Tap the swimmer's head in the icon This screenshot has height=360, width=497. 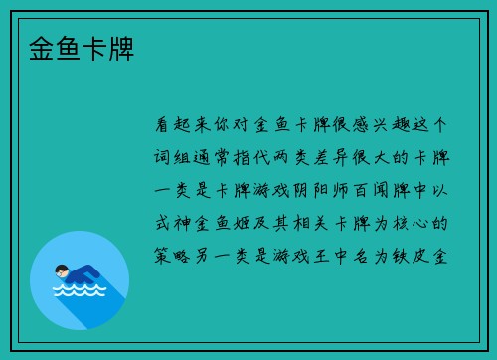(62, 270)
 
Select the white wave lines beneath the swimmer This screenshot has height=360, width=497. (79, 291)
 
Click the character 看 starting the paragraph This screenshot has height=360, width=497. (164, 126)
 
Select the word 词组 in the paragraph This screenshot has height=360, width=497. (175, 158)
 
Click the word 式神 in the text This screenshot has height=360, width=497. (175, 223)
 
